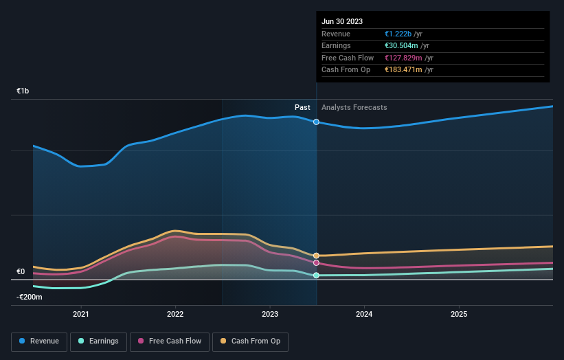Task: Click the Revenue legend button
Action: pos(40,341)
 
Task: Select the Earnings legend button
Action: pos(98,341)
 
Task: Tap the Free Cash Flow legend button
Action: pos(169,341)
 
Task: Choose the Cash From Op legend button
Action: pos(251,341)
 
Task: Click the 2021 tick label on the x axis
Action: pos(81,314)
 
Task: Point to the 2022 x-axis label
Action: pos(175,314)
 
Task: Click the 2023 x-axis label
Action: pos(270,314)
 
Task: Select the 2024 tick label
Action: pos(364,314)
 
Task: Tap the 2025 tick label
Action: pos(459,314)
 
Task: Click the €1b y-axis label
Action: pos(23,91)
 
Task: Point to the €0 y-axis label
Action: pos(21,271)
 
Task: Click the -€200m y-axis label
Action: pos(30,297)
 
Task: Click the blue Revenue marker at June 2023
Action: pos(316,122)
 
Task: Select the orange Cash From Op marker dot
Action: pos(316,256)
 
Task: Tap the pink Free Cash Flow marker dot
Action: pos(316,263)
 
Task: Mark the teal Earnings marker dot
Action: pos(316,275)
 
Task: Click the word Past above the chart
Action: pos(302,107)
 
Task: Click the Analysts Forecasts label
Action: pos(354,107)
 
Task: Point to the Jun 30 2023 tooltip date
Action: pos(341,21)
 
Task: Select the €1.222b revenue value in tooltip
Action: pos(399,34)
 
